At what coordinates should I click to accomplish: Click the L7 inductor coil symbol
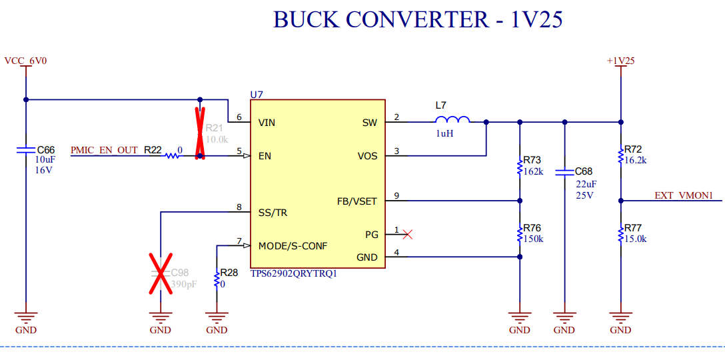pyautogui.click(x=452, y=119)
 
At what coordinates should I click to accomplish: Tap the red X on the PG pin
pyautogui.click(x=407, y=235)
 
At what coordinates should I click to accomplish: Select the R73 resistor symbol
pyautogui.click(x=520, y=167)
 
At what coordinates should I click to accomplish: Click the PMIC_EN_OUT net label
pyautogui.click(x=104, y=150)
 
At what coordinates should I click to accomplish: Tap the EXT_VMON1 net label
pyautogui.click(x=688, y=196)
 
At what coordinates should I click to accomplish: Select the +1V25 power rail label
pyautogui.click(x=620, y=61)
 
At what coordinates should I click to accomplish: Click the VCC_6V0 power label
pyautogui.click(x=26, y=61)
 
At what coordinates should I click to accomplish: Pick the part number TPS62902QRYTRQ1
pyautogui.click(x=293, y=273)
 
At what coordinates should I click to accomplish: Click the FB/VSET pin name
pyautogui.click(x=357, y=201)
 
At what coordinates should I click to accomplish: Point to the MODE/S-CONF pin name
pyautogui.click(x=293, y=245)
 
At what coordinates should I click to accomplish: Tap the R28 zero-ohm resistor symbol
pyautogui.click(x=217, y=280)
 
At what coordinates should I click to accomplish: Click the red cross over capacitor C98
pyautogui.click(x=160, y=273)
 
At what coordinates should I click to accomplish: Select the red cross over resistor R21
pyautogui.click(x=200, y=133)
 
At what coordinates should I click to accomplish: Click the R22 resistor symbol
pyautogui.click(x=172, y=156)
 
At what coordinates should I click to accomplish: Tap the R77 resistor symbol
pyautogui.click(x=620, y=234)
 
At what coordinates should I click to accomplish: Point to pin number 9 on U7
pyautogui.click(x=396, y=196)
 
